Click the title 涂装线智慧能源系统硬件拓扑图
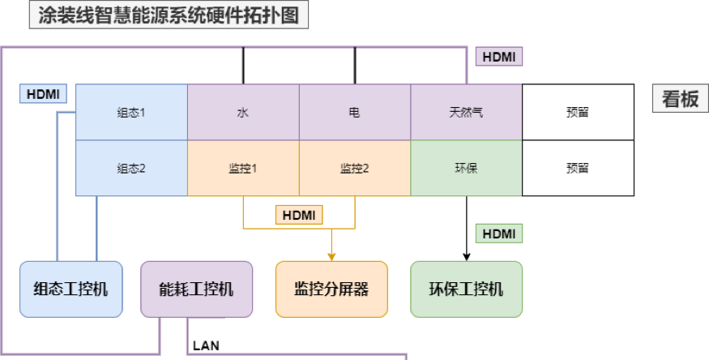pyautogui.click(x=169, y=15)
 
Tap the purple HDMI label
pyautogui.click(x=498, y=57)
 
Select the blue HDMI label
pyautogui.click(x=42, y=93)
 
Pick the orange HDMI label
pyautogui.click(x=299, y=215)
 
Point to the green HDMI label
pyautogui.click(x=498, y=234)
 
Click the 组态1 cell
pyautogui.click(x=131, y=112)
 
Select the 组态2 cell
pyautogui.click(x=131, y=168)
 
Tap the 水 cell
pyautogui.click(x=243, y=112)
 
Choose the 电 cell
pyautogui.click(x=355, y=112)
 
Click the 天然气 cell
pyautogui.click(x=466, y=112)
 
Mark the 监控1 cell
pyautogui.click(x=243, y=168)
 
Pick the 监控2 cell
pyautogui.click(x=355, y=168)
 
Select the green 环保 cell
pyautogui.click(x=466, y=168)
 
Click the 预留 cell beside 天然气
pyautogui.click(x=578, y=112)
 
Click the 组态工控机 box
pyautogui.click(x=71, y=289)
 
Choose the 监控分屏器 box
pyautogui.click(x=331, y=289)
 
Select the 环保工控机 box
pyautogui.click(x=466, y=289)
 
